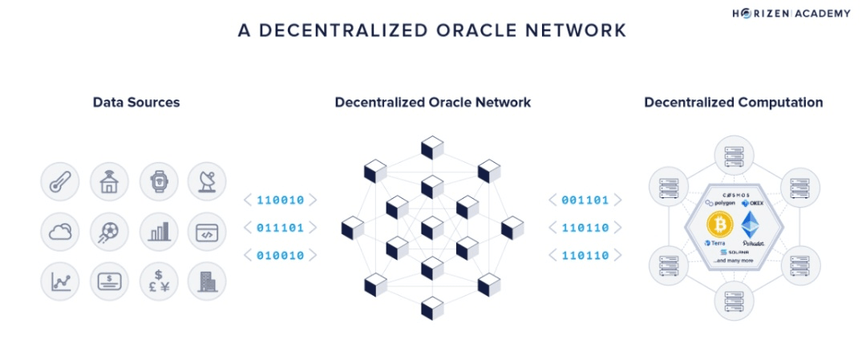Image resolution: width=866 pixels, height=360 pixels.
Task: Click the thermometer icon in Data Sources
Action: (x=60, y=184)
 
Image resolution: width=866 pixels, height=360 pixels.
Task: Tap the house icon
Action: (x=109, y=184)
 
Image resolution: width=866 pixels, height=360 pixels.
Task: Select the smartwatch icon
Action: (x=158, y=184)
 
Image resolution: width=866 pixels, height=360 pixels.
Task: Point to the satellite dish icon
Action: (x=207, y=184)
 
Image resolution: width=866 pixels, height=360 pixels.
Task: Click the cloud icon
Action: (x=60, y=233)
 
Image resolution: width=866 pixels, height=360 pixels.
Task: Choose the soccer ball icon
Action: (x=109, y=233)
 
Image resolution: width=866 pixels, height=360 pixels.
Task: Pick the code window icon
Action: (x=207, y=233)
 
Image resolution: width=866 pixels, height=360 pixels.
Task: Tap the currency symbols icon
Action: (x=158, y=281)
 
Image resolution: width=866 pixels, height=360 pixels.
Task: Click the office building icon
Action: (x=207, y=281)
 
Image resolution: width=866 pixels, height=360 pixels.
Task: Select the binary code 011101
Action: (x=280, y=228)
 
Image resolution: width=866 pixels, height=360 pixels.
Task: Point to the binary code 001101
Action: (x=585, y=200)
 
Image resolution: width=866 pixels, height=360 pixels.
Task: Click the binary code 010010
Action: (x=280, y=256)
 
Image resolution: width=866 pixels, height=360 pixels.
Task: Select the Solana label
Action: (x=735, y=253)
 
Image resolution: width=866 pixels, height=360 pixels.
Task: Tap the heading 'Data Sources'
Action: (x=136, y=103)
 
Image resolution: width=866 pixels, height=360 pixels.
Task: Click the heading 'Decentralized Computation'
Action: (x=734, y=103)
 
